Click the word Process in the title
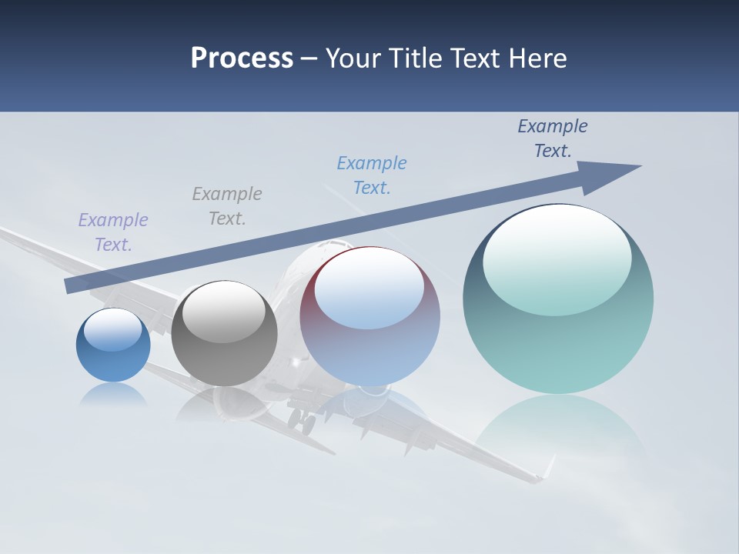(242, 58)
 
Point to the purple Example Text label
(113, 232)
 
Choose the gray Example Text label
(227, 205)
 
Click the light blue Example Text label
(372, 175)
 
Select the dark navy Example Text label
(553, 138)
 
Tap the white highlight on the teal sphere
(557, 258)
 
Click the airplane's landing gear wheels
(302, 422)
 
